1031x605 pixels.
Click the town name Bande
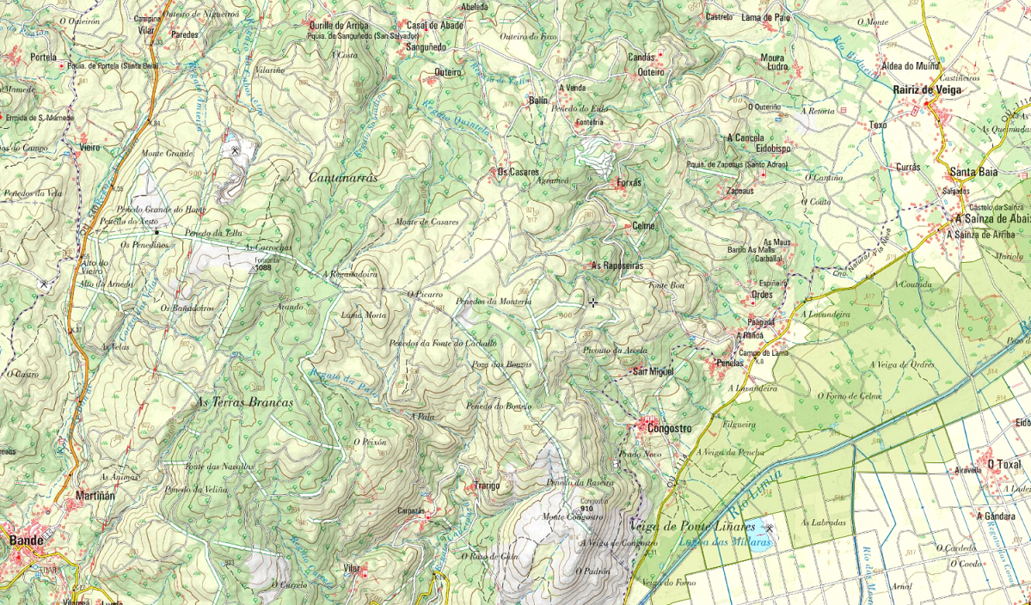pyautogui.click(x=26, y=541)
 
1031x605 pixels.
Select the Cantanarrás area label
pyautogui.click(x=343, y=176)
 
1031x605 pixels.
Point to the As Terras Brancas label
pyautogui.click(x=245, y=402)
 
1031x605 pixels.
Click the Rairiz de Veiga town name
pyautogui.click(x=929, y=89)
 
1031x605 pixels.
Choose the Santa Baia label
pyautogui.click(x=973, y=172)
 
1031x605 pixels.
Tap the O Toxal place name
pyautogui.click(x=1003, y=465)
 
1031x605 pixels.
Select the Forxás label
pyautogui.click(x=629, y=183)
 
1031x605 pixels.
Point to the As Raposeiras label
pyautogui.click(x=617, y=266)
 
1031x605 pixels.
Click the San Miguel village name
pyautogui.click(x=653, y=371)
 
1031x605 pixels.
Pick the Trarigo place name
pyautogui.click(x=487, y=486)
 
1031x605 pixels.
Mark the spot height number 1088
pyautogui.click(x=264, y=269)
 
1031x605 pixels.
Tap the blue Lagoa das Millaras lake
pyautogui.click(x=750, y=543)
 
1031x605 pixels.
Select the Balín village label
pyautogui.click(x=538, y=101)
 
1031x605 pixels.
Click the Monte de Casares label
pyautogui.click(x=427, y=222)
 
